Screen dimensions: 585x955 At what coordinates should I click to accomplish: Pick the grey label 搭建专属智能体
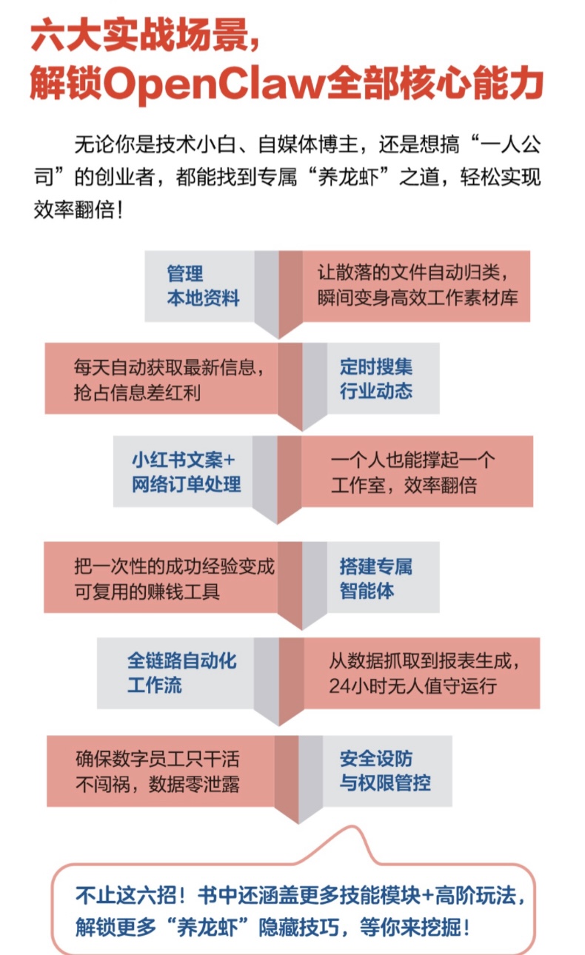coord(375,578)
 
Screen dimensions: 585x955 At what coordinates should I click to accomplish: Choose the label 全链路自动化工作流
coord(181,672)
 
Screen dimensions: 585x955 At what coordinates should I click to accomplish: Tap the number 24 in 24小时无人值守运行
coord(339,685)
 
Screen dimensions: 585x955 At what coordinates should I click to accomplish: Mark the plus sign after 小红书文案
coord(229,460)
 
